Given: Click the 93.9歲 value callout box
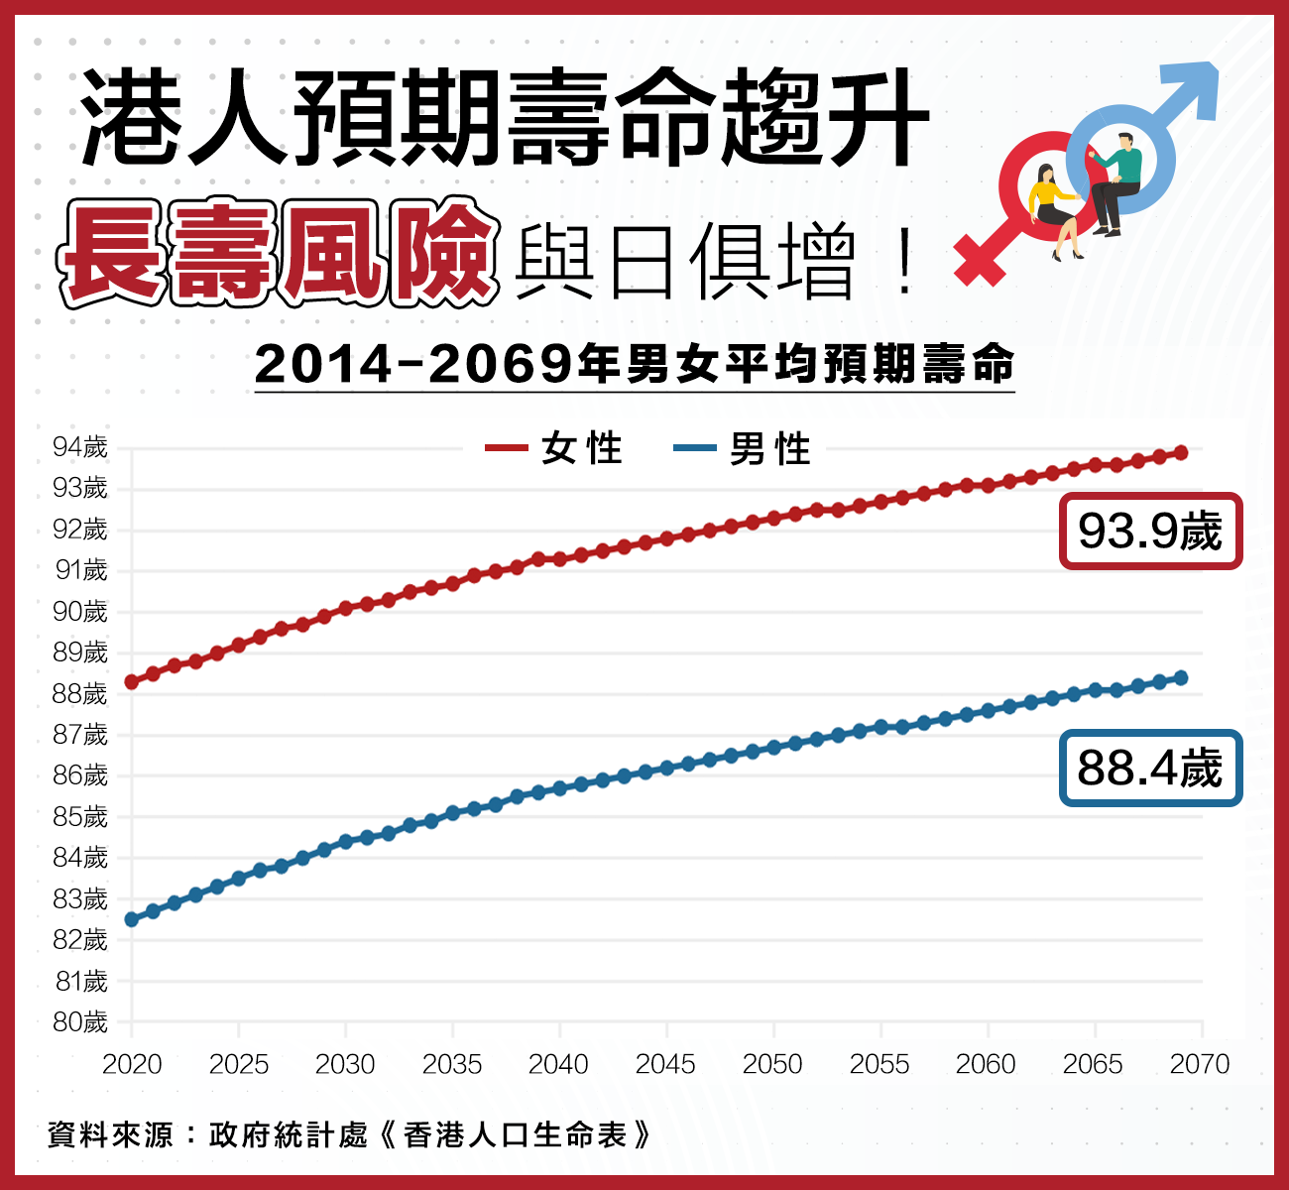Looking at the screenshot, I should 1150,532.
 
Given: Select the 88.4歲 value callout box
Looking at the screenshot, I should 1150,769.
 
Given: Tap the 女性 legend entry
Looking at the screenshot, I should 555,449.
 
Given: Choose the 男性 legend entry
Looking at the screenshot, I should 744,449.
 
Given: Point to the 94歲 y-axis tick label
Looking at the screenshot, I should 80,448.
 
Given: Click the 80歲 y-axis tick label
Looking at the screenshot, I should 80,1022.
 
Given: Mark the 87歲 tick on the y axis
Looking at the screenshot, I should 80,735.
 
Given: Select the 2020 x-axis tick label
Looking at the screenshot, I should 132,1065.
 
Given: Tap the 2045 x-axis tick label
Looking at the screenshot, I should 665,1065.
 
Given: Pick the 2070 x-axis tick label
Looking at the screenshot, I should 1200,1065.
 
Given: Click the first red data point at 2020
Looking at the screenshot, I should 132,682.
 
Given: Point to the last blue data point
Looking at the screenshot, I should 1181,678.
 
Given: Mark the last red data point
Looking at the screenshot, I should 1181,453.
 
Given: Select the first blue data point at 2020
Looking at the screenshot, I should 132,919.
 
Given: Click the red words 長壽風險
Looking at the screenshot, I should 278,254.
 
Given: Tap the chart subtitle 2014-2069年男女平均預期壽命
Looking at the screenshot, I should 635,365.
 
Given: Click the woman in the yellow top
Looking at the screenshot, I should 1053,208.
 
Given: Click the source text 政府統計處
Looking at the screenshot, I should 289,1134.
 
